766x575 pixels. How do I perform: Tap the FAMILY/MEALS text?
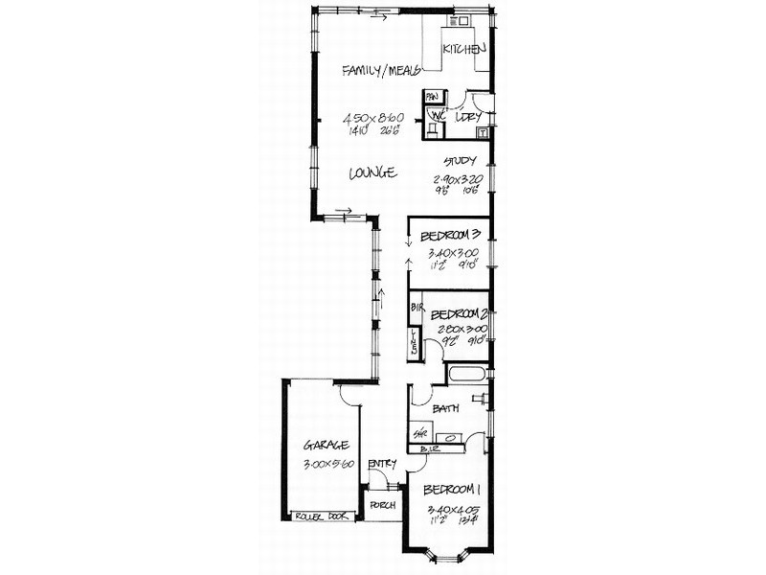pos(382,70)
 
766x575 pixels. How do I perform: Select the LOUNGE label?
pos(372,173)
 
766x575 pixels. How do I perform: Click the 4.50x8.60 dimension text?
pos(373,118)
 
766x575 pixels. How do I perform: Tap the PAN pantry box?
pos(433,97)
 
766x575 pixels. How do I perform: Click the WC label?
pos(437,117)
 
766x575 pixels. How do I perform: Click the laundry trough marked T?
pos(483,133)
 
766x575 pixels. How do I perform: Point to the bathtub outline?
pos(468,374)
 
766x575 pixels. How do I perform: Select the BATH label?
pos(445,408)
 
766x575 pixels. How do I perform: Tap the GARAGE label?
pos(327,446)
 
